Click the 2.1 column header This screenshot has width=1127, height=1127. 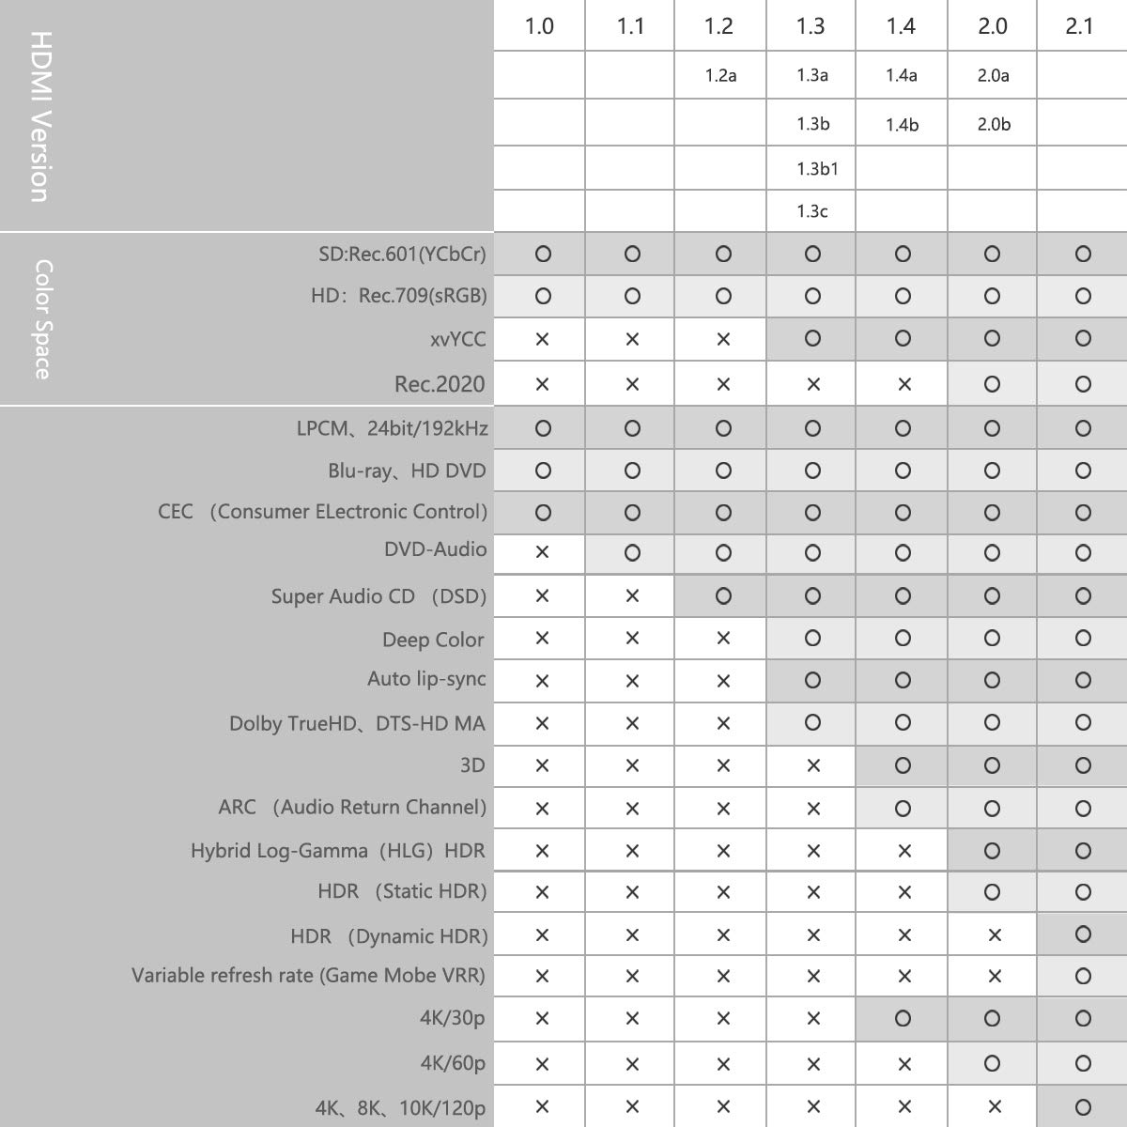(x=1080, y=25)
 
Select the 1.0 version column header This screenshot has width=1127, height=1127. (x=539, y=25)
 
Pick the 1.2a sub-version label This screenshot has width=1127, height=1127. (x=720, y=75)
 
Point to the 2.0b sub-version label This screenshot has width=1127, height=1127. (x=994, y=124)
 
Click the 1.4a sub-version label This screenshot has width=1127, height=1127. (x=902, y=75)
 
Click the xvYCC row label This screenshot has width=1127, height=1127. (x=458, y=339)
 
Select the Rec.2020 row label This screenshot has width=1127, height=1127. (x=440, y=384)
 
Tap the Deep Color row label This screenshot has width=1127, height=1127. (x=433, y=640)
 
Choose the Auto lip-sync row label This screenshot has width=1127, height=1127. (x=426, y=679)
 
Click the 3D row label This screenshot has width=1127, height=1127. (x=472, y=765)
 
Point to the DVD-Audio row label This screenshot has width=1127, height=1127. (x=435, y=549)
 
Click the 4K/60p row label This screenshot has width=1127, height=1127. (x=453, y=1063)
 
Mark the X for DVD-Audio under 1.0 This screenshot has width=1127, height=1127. (x=542, y=552)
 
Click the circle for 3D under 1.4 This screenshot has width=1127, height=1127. (x=903, y=765)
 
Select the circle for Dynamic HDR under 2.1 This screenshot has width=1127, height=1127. (x=1083, y=934)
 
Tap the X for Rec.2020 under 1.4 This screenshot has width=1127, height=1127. (x=903, y=384)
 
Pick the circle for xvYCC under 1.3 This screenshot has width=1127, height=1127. (x=813, y=338)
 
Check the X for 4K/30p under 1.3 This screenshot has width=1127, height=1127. (x=813, y=1019)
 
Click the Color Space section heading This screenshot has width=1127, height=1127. (x=42, y=319)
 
